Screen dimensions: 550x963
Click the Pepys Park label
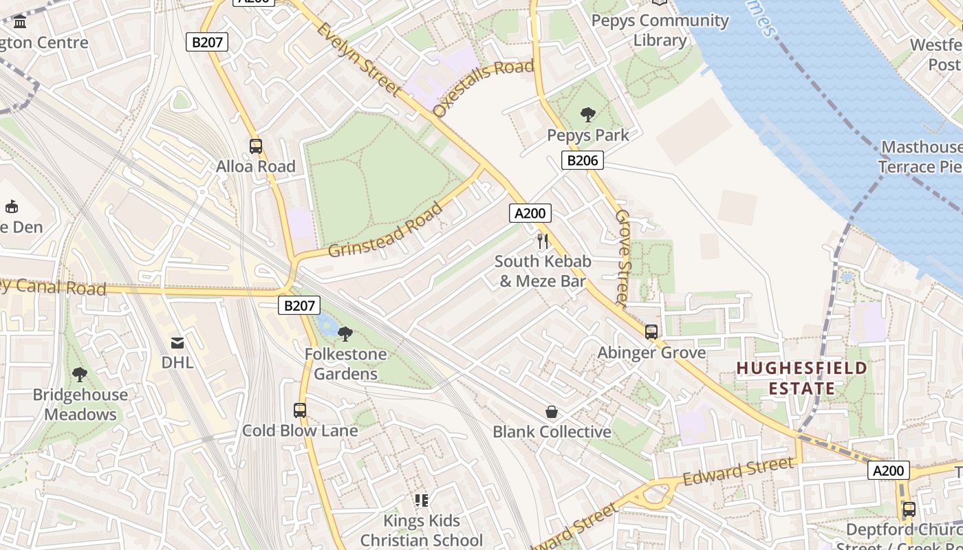[x=588, y=135]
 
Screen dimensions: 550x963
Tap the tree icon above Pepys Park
[x=588, y=114]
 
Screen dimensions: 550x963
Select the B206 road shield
[x=583, y=161]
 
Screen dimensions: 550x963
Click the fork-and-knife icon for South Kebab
[x=543, y=241]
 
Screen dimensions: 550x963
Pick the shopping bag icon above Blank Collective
[x=552, y=412]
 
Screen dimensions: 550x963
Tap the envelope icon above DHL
[x=177, y=342]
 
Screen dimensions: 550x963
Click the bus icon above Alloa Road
[x=256, y=146]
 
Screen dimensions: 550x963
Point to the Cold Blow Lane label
[x=300, y=431]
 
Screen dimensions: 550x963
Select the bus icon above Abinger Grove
[x=651, y=332]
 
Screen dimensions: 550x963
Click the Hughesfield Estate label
[x=802, y=378]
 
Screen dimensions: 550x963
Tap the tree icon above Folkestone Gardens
[x=345, y=334]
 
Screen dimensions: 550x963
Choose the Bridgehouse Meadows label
[x=80, y=404]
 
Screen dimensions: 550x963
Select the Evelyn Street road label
[x=359, y=59]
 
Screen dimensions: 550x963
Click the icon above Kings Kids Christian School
[x=422, y=500]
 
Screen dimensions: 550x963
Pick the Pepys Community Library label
[x=660, y=30]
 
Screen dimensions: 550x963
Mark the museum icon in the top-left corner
[x=20, y=22]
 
